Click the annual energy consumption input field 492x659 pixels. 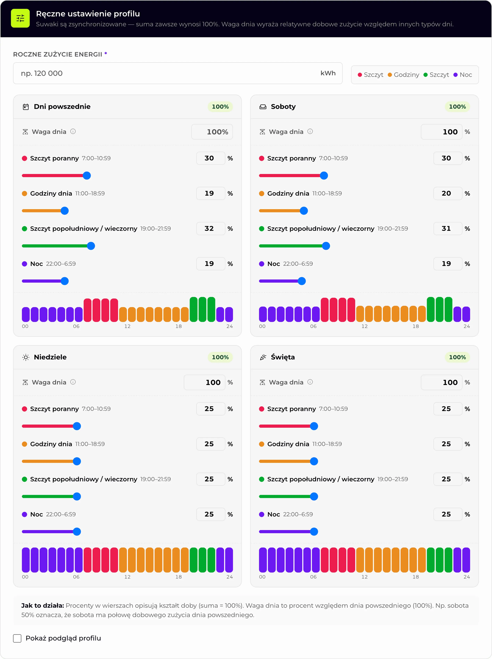tap(178, 73)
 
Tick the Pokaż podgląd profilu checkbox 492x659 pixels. tap(17, 638)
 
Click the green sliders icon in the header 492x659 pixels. tap(20, 18)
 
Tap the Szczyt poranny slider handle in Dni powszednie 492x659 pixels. tap(87, 176)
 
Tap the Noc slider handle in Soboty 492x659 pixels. tap(302, 281)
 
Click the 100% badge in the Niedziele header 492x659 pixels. tap(220, 357)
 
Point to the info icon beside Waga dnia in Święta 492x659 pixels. tap(310, 382)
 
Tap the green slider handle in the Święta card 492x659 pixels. tap(314, 496)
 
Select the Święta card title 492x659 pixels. tap(283, 357)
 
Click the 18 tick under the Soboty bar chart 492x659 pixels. tap(415, 326)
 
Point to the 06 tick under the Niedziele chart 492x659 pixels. tap(76, 577)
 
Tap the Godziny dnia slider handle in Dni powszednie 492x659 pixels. tap(65, 211)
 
